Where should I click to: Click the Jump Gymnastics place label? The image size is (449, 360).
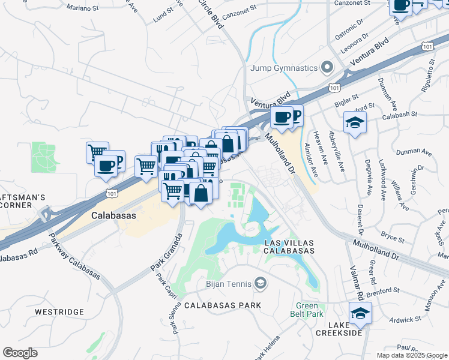pos(285,66)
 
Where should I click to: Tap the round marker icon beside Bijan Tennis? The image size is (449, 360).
pos(261,282)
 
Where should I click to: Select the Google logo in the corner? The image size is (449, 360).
pos(20,353)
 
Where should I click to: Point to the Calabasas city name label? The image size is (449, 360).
pos(113,215)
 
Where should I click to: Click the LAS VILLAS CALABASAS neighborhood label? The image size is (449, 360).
pos(289,246)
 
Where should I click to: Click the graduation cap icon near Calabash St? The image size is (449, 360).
pos(355,124)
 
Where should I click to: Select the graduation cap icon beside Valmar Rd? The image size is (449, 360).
pos(360,314)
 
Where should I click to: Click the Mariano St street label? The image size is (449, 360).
pos(82,8)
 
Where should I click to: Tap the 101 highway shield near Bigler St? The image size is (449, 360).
pos(334,88)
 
